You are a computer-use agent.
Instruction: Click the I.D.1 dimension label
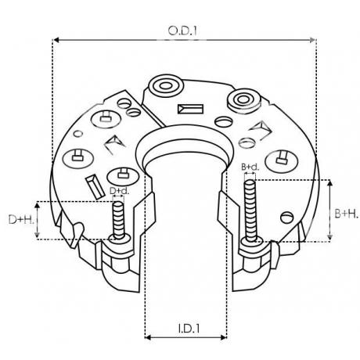(x=182, y=329)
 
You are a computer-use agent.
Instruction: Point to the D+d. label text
(x=119, y=191)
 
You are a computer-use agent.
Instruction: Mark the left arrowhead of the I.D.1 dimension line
(x=149, y=337)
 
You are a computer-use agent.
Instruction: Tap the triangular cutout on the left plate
(x=115, y=145)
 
